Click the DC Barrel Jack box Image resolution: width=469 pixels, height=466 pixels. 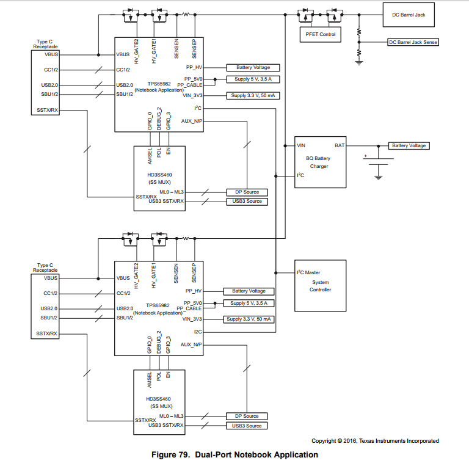pos(409,15)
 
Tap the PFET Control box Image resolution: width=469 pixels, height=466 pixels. pos(320,34)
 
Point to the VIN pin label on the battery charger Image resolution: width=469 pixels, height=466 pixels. pos(300,146)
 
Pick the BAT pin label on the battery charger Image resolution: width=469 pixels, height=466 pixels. pos(339,146)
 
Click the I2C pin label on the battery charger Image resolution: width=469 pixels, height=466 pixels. pos(300,176)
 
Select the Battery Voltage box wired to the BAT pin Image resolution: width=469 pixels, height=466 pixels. pos(409,146)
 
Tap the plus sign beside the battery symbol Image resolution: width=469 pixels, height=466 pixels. pos(366,156)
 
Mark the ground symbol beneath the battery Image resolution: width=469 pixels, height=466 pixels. pos(378,177)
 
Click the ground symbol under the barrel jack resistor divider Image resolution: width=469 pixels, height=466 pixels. pos(359,61)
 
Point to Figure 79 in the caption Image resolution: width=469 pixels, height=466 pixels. pos(172,455)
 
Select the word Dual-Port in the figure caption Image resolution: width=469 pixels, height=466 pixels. pos(216,455)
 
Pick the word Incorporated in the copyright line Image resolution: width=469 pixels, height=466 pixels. pos(420,441)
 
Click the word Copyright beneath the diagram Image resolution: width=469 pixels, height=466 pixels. pos(323,441)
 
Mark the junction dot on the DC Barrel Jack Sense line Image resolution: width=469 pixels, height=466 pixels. pos(359,42)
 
